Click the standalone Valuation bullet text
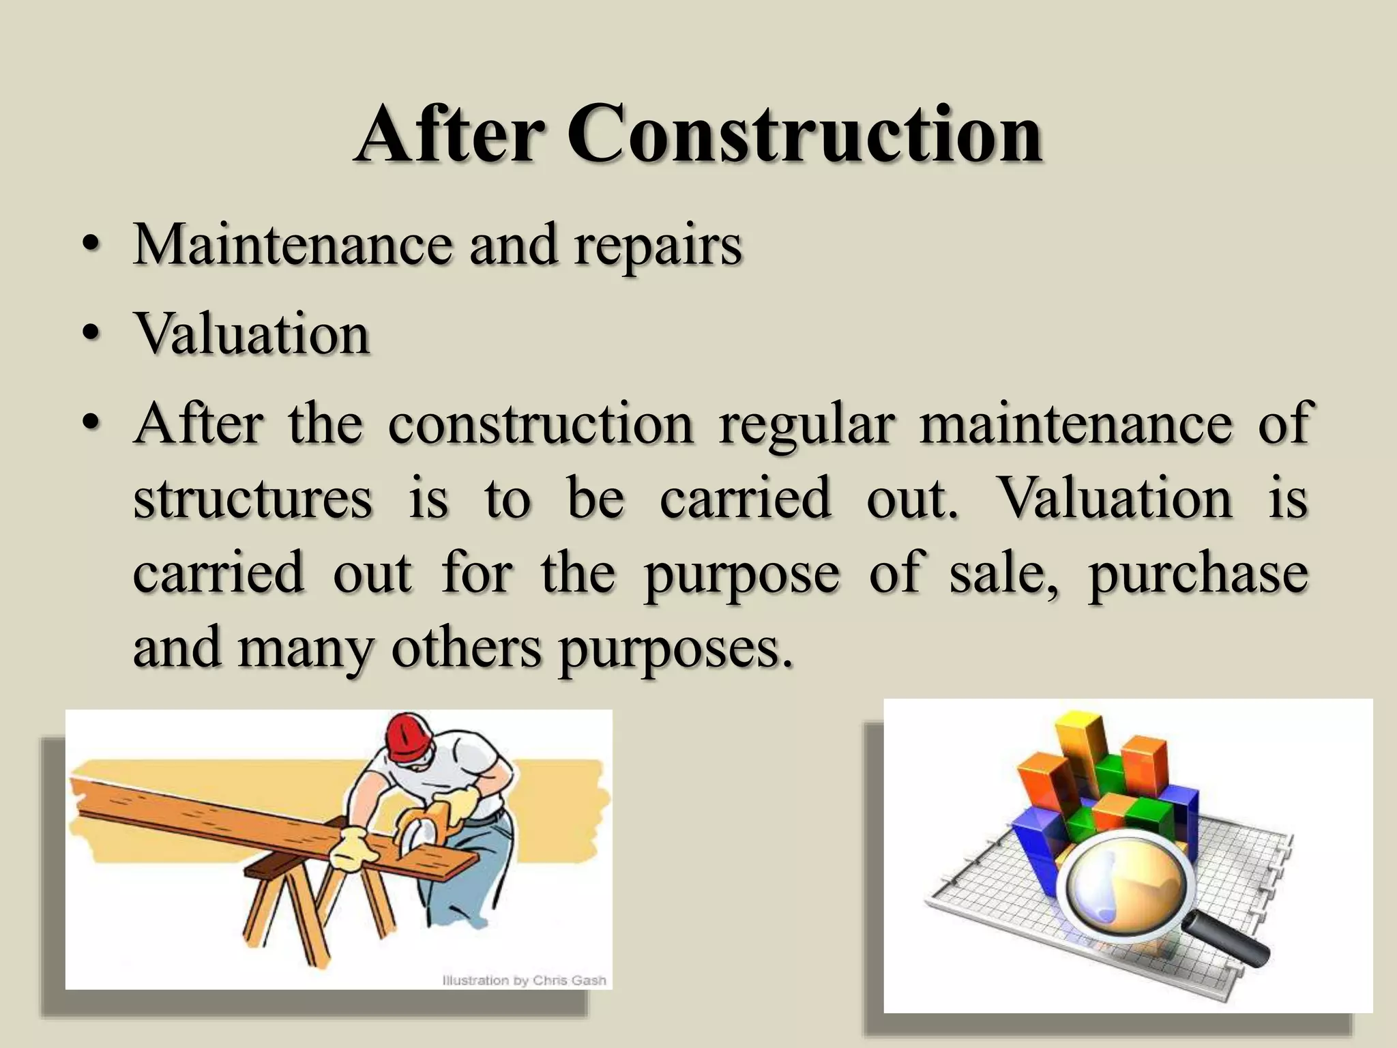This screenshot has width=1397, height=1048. (x=252, y=334)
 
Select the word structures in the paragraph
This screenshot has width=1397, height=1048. (x=252, y=498)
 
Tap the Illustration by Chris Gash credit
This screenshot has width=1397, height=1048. (x=524, y=980)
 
